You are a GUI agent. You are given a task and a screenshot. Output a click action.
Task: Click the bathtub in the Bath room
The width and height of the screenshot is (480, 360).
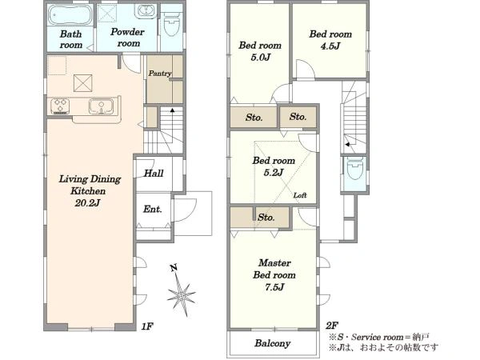coord(70,15)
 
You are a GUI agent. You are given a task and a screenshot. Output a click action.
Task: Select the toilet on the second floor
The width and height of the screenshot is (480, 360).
coord(354,169)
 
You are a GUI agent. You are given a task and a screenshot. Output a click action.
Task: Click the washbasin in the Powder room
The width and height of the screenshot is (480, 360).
coord(146,11)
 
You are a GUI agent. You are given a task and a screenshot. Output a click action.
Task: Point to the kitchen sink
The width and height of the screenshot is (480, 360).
coord(101,106)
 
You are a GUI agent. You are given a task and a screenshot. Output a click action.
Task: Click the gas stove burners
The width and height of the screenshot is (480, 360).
coord(60,106)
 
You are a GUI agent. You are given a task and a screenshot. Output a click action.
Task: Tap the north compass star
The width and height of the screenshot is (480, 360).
coord(182,294)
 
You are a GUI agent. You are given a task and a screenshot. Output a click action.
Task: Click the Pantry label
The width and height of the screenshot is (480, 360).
coord(160,74)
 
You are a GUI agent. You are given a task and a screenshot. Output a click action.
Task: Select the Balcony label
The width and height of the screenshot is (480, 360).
coord(273,343)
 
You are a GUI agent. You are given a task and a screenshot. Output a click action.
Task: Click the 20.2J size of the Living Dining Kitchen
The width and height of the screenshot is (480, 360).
coord(87,202)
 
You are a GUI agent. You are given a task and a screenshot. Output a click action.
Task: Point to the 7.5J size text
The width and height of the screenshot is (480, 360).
coord(274,287)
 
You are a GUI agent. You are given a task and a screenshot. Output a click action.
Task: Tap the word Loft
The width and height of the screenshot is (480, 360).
coord(300,195)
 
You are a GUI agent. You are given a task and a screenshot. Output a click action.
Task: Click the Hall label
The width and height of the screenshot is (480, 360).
coord(154,174)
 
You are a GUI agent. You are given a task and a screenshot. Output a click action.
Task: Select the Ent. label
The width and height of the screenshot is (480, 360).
coord(153,209)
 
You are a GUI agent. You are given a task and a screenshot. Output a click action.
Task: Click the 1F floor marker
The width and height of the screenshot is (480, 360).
coord(147,326)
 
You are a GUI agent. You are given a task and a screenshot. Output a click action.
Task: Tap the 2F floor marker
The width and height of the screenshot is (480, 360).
coord(332,325)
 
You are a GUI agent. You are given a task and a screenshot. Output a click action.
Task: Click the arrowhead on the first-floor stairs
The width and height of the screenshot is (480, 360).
coord(172,110)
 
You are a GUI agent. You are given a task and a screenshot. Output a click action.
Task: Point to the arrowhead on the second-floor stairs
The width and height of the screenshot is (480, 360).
coord(347,144)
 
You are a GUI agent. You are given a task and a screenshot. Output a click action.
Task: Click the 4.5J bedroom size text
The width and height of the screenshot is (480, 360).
coord(330,46)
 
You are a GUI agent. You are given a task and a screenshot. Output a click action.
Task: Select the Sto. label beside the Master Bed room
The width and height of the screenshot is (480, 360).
coord(266,218)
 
